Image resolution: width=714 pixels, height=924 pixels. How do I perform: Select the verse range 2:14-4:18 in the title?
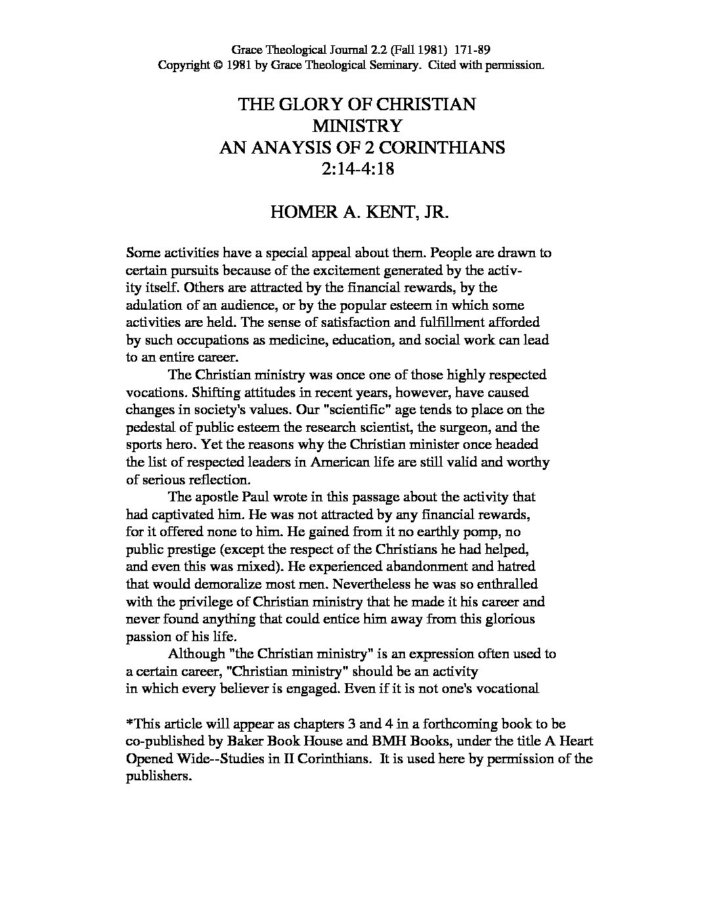coord(357,169)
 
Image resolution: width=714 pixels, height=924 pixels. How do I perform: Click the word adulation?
coord(154,305)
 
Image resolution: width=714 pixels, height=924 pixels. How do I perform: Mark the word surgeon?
coord(457,427)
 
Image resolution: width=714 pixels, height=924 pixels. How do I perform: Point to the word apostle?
coord(222,497)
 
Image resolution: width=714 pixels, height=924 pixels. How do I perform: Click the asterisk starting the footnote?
coord(129,723)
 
